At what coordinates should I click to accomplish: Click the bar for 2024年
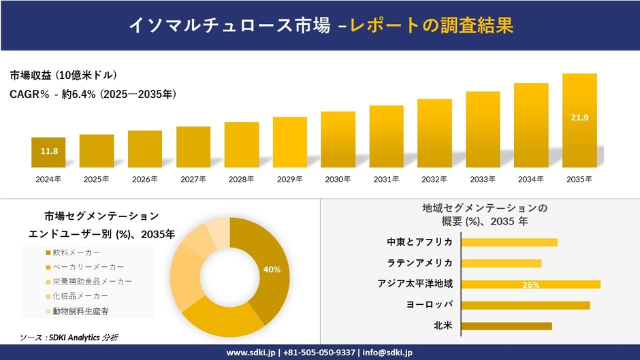[x=48, y=152]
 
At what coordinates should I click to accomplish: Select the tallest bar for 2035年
[x=579, y=120]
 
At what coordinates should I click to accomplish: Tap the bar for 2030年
[x=338, y=140]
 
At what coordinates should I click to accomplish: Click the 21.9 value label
[x=579, y=118]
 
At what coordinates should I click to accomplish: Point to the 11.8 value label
[x=48, y=151]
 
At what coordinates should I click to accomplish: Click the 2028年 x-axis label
[x=242, y=179]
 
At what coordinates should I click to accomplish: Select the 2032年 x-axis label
[x=434, y=179]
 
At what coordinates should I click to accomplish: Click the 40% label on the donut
[x=272, y=269]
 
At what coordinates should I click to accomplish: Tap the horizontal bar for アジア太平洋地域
[x=530, y=284]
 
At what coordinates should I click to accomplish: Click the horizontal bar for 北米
[x=507, y=326]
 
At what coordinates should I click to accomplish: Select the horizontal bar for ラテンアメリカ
[x=501, y=263]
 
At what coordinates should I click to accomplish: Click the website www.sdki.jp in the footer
[x=250, y=353]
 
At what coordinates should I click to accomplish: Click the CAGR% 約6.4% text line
[x=93, y=95]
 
